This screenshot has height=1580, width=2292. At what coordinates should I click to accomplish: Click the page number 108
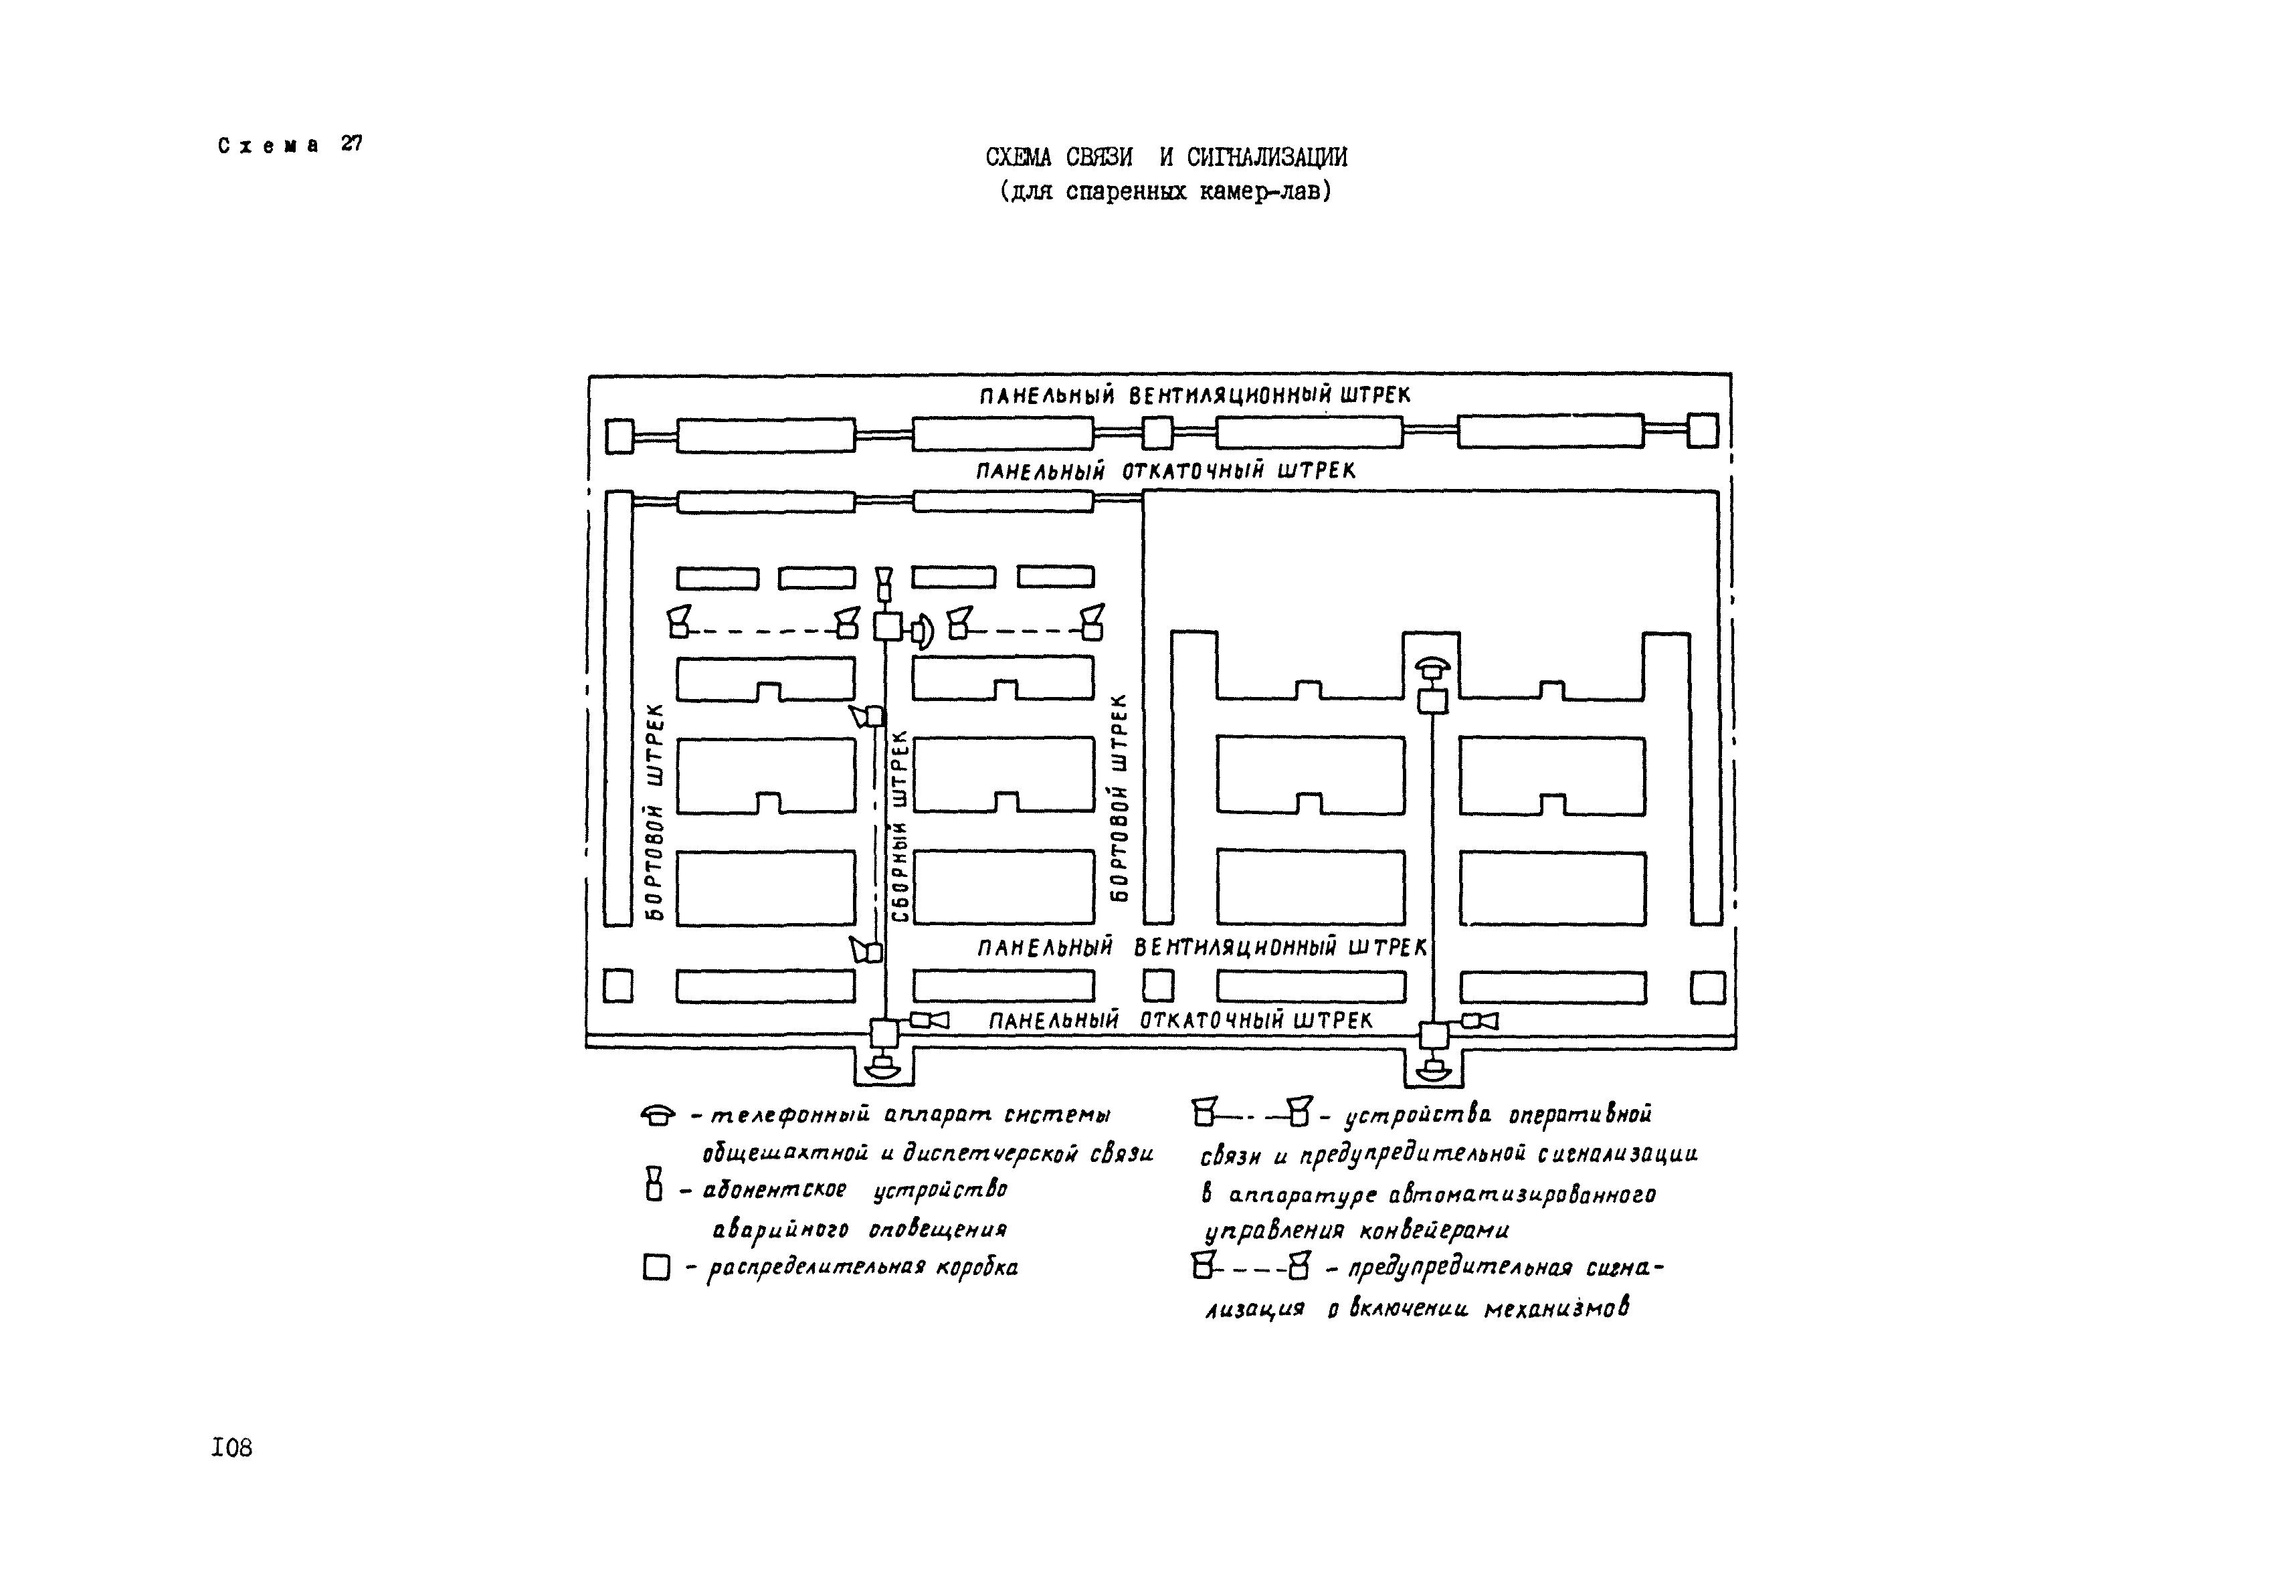pyautogui.click(x=231, y=1448)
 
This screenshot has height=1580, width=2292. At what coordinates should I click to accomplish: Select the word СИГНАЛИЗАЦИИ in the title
pyautogui.click(x=1266, y=157)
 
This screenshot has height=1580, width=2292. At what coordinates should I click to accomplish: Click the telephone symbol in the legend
pyautogui.click(x=658, y=1116)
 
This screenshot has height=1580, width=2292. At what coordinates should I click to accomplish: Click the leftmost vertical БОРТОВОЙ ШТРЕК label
pyautogui.click(x=654, y=812)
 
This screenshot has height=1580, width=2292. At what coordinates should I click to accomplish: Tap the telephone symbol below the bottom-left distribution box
pyautogui.click(x=881, y=1068)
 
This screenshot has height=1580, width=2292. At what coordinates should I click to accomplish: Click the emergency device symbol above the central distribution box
pyautogui.click(x=884, y=584)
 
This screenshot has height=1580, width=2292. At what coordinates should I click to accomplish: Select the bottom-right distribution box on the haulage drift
pyautogui.click(x=1432, y=1035)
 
